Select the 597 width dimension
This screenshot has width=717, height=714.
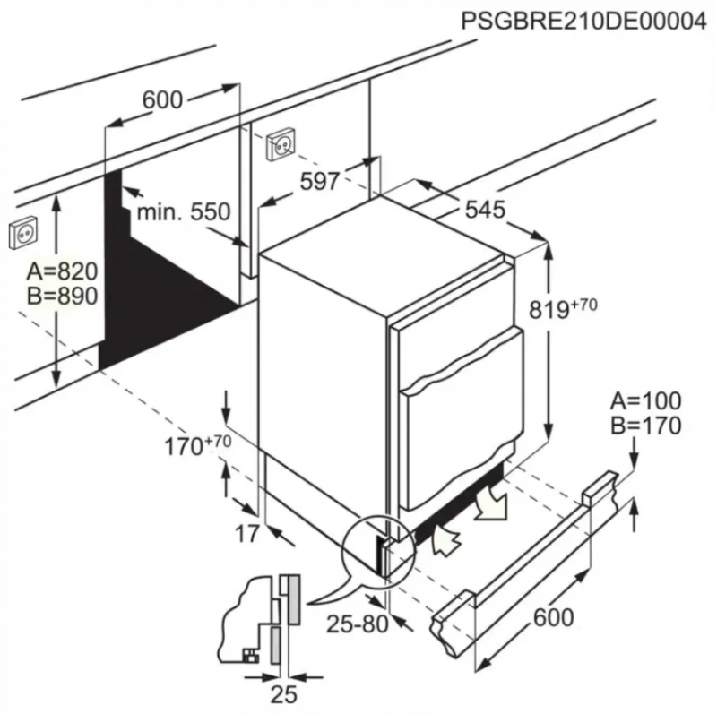319,181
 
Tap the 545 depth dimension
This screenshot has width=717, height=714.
485,210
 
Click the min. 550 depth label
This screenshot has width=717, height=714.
184,212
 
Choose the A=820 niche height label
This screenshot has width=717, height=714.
62,271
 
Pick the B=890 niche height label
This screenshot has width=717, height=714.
62,297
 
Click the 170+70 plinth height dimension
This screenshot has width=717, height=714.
192,444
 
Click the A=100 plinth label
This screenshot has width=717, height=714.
645,401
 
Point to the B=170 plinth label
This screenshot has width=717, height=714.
645,425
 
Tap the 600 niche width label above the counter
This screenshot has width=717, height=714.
162,100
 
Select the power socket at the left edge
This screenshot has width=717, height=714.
24,234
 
